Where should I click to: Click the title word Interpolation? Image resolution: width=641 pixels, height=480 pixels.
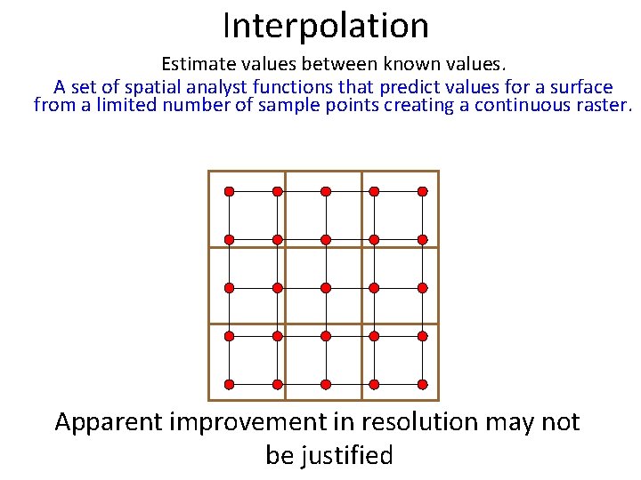coord(326,26)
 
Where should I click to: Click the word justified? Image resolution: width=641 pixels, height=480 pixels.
coord(349,456)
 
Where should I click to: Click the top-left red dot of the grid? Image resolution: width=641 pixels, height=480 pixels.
coord(229,191)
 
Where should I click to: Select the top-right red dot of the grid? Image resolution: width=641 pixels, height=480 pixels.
coord(423,191)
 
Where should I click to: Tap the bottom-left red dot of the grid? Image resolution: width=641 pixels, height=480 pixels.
coord(229,384)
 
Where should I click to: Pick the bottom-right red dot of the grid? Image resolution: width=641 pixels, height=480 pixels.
coord(423,384)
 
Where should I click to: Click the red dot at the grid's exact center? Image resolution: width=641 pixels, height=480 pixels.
coord(326,288)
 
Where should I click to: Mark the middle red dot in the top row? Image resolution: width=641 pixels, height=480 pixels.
coord(326,191)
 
